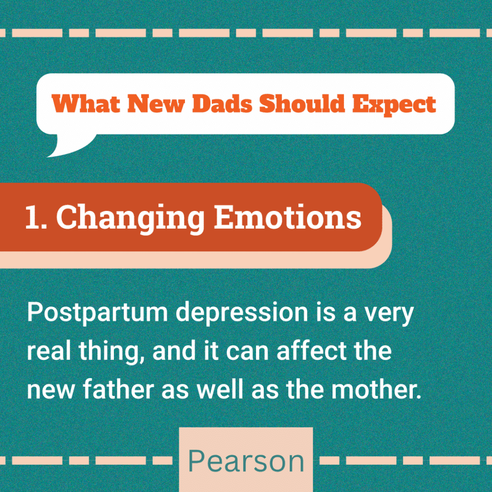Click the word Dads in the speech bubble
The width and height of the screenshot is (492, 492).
click(222, 103)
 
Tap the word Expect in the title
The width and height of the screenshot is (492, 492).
click(394, 105)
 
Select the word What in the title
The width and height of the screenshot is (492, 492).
click(86, 103)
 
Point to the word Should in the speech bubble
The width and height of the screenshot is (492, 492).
click(302, 103)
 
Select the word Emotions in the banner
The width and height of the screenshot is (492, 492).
click(288, 217)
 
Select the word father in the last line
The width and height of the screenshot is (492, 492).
click(118, 389)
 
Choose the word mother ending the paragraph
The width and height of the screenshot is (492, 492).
click(376, 389)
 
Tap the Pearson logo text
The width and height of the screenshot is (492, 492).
click(246, 461)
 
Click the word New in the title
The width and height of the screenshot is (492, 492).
click(156, 103)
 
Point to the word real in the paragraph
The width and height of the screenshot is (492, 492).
click(49, 350)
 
